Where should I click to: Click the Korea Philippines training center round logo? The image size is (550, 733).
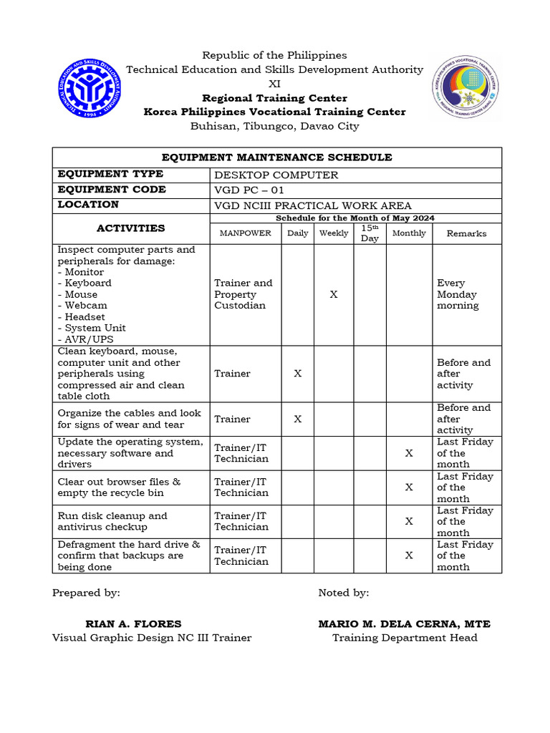466,90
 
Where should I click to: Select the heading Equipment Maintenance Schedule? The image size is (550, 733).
276,157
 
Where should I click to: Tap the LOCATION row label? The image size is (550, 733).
89,205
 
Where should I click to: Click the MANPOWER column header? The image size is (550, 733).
246,233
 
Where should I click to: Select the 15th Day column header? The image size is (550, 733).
370,233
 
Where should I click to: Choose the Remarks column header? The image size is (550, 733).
466,233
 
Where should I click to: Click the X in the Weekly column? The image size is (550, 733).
334,294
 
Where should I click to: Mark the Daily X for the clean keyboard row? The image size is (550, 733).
298,374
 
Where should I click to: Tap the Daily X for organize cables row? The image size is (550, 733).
298,419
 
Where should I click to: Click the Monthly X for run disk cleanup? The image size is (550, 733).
409,521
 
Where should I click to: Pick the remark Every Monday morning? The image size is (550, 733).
458,294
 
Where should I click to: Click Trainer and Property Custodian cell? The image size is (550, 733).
243,294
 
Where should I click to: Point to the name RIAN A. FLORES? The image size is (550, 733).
133,624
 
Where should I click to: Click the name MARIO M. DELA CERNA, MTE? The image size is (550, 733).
405,624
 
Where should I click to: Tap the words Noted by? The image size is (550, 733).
344,593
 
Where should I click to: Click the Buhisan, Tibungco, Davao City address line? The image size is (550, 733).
275,126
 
